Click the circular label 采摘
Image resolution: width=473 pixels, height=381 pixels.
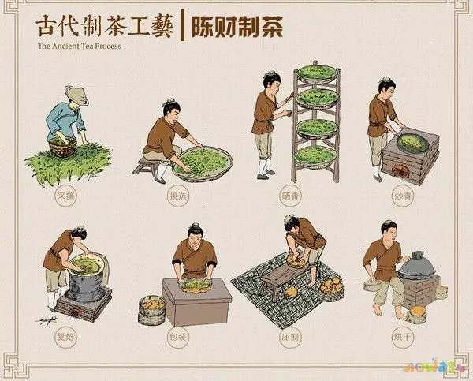[65, 194]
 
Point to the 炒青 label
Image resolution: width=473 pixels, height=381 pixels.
[399, 195]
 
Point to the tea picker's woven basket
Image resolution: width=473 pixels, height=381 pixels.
[63, 146]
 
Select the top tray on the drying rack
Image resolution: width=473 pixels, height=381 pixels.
[317, 73]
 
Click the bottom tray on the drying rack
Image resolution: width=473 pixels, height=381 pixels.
[316, 154]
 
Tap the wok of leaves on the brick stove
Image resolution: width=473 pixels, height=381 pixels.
[412, 143]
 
